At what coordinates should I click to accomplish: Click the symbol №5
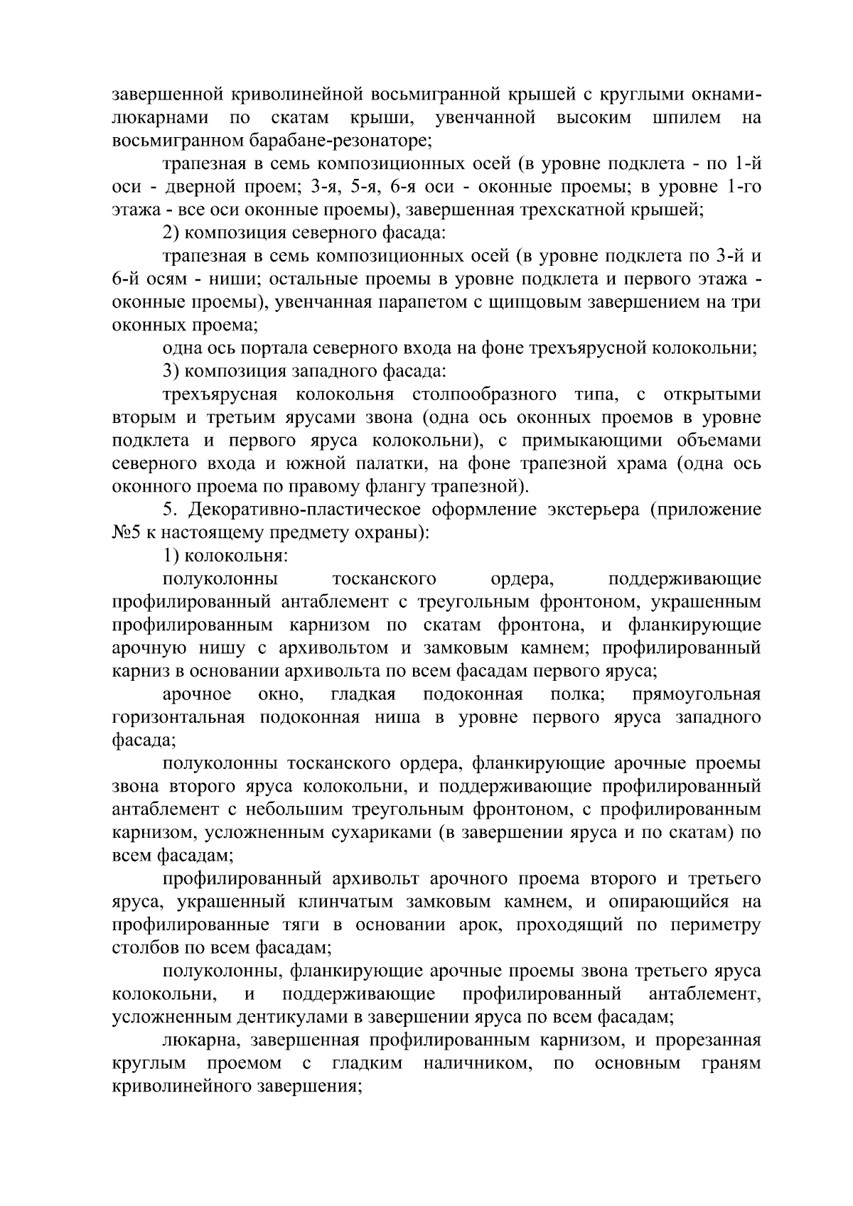click(x=126, y=532)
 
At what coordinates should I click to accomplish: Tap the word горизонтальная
click(x=178, y=717)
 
